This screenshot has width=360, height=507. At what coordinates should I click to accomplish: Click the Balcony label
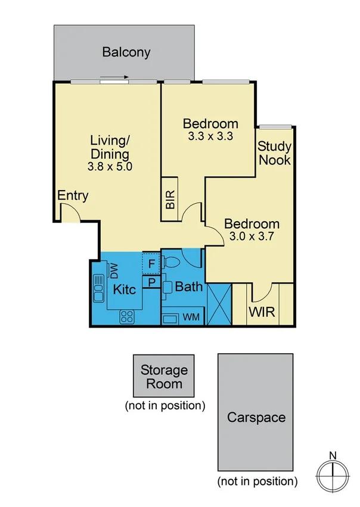click(x=126, y=52)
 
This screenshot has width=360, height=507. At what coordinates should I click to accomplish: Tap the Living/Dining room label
click(x=110, y=148)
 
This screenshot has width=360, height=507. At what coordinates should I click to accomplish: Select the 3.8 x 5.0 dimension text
click(x=110, y=167)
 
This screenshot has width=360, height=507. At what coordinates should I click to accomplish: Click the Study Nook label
click(x=275, y=153)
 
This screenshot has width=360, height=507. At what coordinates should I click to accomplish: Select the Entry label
click(x=73, y=195)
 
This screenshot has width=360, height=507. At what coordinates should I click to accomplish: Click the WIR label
click(x=262, y=313)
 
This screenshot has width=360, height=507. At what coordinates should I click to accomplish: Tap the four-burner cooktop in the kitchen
click(x=127, y=317)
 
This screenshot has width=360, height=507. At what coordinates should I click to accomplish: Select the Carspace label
click(x=256, y=417)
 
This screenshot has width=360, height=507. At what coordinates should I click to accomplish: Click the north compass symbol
click(x=332, y=475)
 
